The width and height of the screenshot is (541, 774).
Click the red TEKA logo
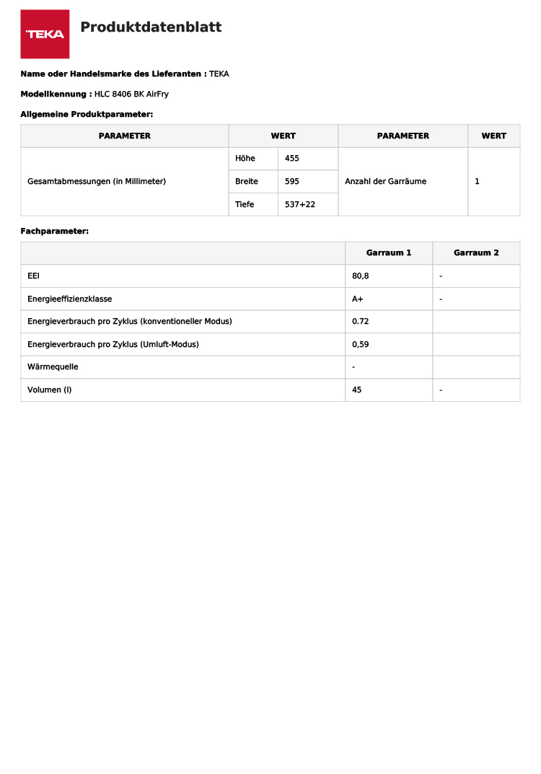[x=45, y=34]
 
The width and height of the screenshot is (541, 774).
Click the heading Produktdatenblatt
[x=151, y=27]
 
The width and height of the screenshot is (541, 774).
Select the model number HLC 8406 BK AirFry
[x=131, y=94]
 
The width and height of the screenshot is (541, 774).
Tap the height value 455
[x=292, y=158]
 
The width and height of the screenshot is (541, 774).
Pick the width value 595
[x=292, y=181]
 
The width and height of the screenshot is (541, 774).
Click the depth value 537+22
[x=300, y=204]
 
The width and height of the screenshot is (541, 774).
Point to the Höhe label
[x=245, y=158]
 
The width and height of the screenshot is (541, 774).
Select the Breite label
[x=247, y=181]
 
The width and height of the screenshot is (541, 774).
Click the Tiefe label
[x=245, y=204]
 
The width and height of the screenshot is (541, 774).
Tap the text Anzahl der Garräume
[x=386, y=181]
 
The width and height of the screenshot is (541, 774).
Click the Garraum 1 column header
[x=389, y=252]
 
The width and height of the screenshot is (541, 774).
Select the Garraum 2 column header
[x=476, y=252]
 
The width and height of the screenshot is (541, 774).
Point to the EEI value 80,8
[x=361, y=276]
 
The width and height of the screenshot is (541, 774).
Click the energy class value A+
[x=358, y=299]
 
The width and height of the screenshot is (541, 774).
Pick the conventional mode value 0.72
[x=361, y=321]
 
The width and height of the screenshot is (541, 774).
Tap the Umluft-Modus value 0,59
[x=361, y=344]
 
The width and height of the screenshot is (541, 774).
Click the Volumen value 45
[x=357, y=390]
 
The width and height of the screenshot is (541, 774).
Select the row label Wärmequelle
[x=53, y=366]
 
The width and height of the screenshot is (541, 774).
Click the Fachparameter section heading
[x=55, y=231]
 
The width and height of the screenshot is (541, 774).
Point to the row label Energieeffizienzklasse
[x=70, y=299]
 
